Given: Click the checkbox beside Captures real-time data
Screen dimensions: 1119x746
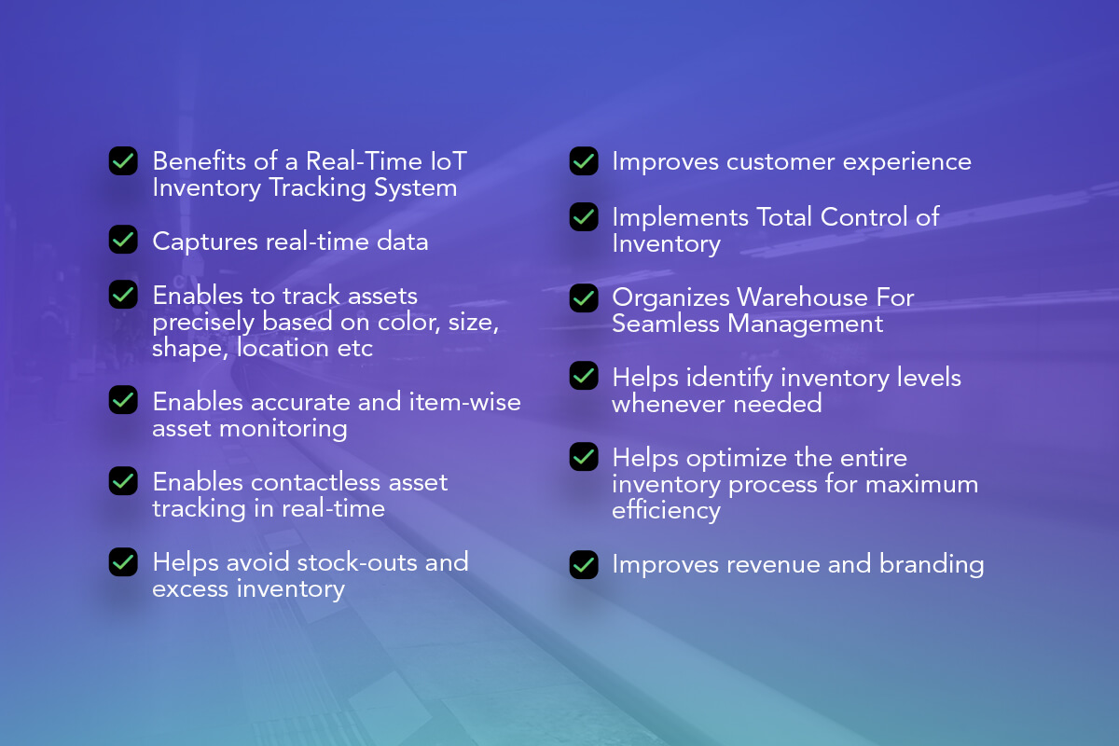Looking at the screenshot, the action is tap(123, 240).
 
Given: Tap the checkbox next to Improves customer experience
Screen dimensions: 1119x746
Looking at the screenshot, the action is tap(584, 161).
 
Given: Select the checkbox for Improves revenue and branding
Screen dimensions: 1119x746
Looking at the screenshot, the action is tap(584, 564).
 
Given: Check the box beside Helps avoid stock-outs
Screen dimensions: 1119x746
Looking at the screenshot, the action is tap(123, 562).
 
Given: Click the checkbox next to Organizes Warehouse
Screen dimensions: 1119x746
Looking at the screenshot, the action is tap(584, 298).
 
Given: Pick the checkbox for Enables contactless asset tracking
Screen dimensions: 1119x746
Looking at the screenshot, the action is tap(123, 481).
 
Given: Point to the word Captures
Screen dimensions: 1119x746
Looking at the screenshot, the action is tap(205, 242).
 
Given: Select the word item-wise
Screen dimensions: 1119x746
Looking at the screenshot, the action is tap(465, 401).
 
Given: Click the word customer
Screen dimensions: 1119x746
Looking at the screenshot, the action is tap(781, 162).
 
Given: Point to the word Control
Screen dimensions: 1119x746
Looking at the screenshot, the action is tap(863, 217).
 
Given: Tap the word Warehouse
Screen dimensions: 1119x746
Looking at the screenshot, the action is tap(803, 297).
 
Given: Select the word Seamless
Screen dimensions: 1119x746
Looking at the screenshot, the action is tap(666, 324).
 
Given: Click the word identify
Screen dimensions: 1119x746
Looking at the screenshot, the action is tap(730, 378).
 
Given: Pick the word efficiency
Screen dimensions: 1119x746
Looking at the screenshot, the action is tap(667, 511).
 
